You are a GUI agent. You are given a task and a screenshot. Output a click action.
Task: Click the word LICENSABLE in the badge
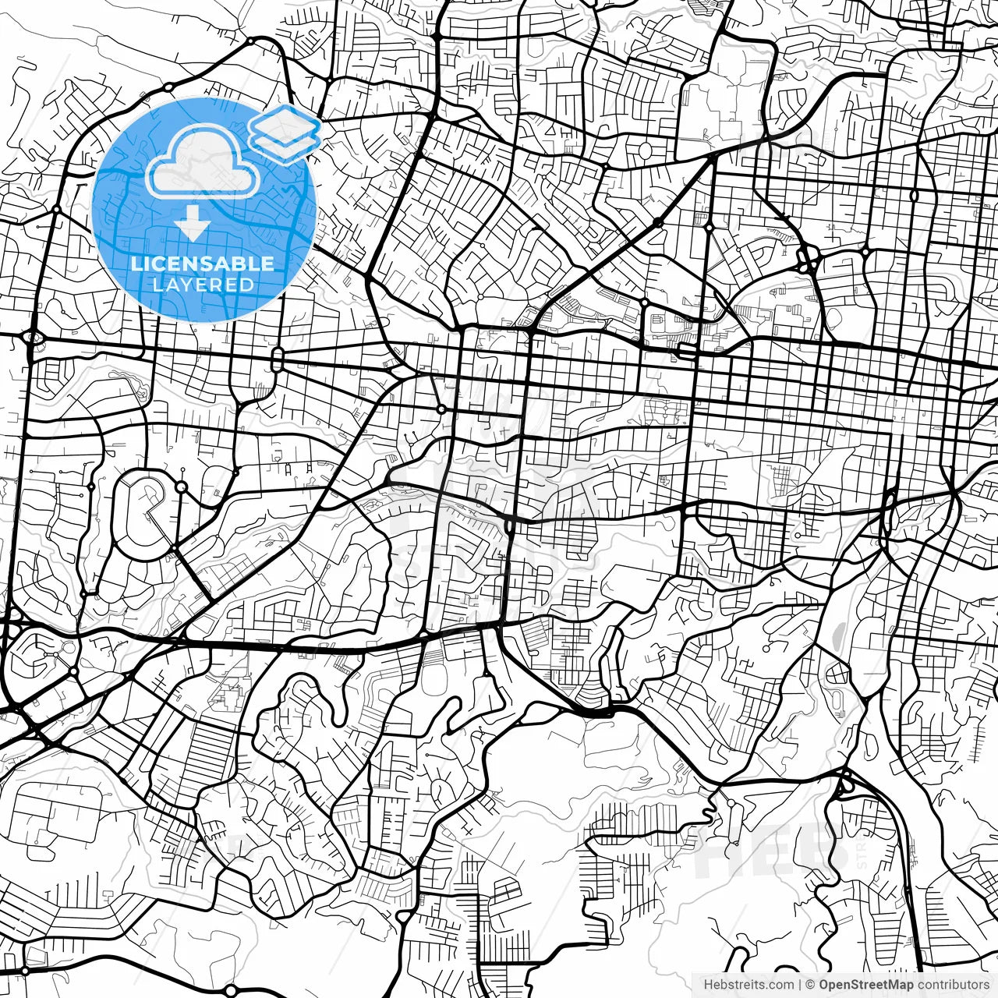[x=203, y=264]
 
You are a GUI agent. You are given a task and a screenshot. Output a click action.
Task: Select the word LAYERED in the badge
[x=203, y=285]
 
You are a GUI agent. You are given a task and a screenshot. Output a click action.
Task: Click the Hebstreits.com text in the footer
[x=748, y=984]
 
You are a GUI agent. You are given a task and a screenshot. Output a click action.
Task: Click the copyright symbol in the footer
[x=811, y=984]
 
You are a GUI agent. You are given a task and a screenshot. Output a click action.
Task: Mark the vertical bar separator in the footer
[x=801, y=984]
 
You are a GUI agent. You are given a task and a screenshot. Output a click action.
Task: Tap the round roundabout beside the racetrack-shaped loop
[x=182, y=487]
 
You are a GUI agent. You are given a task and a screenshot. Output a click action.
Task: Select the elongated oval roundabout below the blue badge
[x=277, y=360]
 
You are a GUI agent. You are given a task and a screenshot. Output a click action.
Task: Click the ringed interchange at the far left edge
[x=33, y=338]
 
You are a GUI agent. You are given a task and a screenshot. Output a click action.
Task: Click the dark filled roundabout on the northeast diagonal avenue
[x=657, y=223]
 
